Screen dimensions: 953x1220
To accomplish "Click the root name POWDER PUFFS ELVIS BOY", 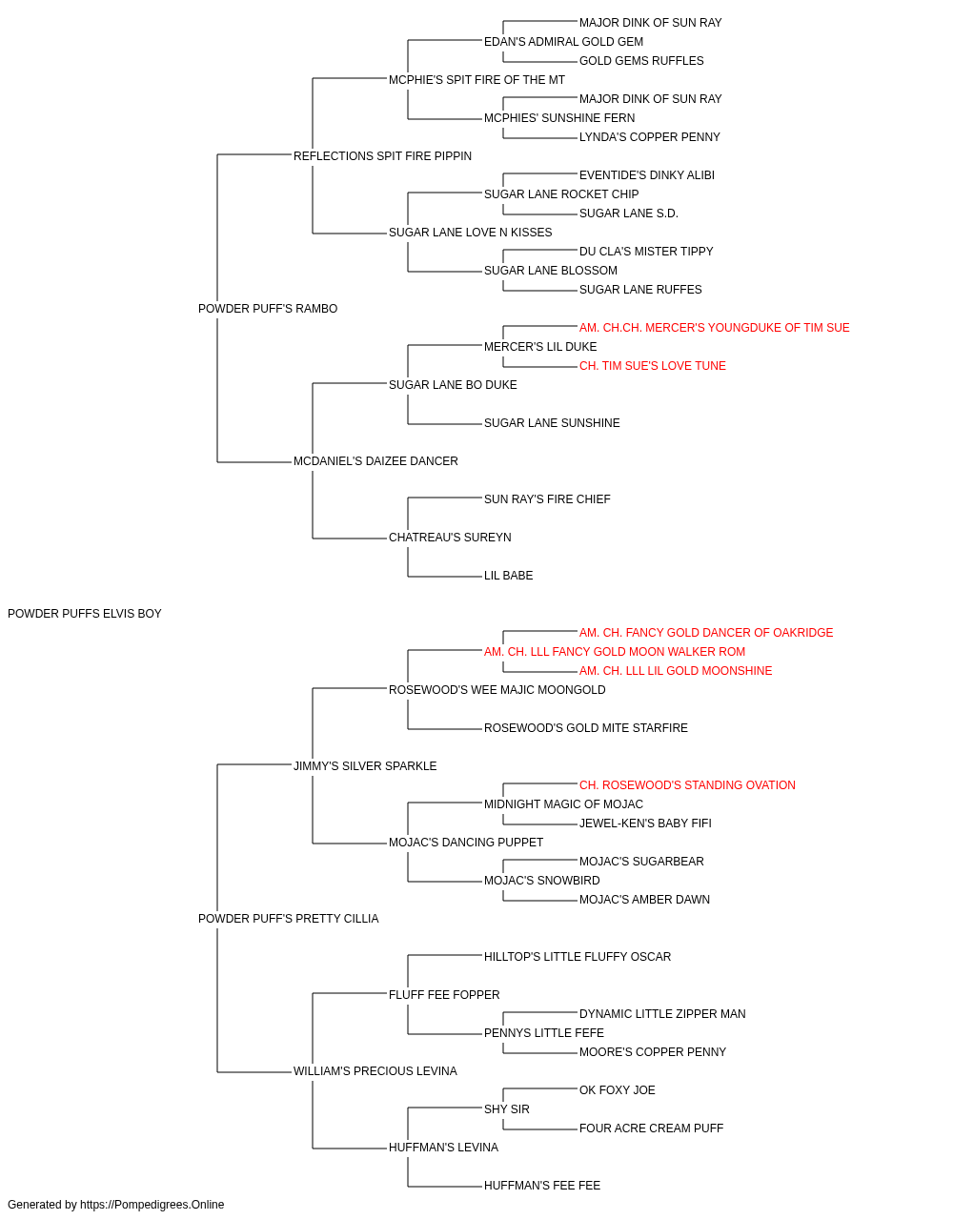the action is pos(85,614).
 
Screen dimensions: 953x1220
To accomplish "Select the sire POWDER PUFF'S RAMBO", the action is pos(268,309).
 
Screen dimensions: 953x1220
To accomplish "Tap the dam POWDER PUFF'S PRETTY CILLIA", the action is pos(289,919).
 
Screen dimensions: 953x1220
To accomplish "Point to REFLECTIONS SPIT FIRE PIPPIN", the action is pos(382,156).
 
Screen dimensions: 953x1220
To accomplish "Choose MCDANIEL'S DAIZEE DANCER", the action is pos(375,461).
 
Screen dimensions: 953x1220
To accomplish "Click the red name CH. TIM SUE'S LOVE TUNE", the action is pos(652,366).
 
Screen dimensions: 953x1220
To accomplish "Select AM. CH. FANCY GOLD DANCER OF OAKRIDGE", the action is pos(706,633).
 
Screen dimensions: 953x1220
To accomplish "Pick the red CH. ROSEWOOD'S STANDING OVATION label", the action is pos(687,785).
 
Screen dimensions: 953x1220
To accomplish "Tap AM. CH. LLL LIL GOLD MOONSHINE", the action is pos(676,671).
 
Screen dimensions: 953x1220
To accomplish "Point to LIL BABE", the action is pos(509,576).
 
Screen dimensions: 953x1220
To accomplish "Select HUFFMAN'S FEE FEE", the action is pos(542,1185).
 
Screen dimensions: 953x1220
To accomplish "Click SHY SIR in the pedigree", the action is pos(507,1109).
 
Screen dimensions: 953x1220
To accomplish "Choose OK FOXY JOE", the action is pos(617,1090).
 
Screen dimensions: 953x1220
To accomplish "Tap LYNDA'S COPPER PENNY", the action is pos(649,137).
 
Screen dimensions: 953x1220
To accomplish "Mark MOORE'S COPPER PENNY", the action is pos(652,1052).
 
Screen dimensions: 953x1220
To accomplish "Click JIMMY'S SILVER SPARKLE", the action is pos(365,766).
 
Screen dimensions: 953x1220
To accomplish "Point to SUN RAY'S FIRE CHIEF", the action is pos(547,499).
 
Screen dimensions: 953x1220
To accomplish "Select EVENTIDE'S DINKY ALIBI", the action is pos(646,175).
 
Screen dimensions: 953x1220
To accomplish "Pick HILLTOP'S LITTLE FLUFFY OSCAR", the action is pos(578,957).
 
